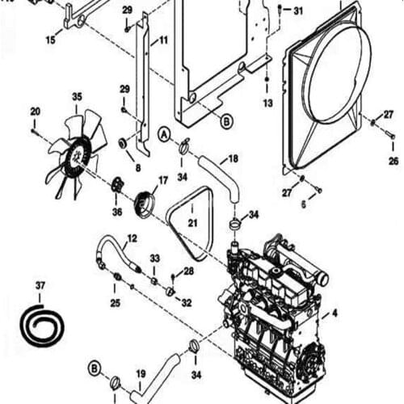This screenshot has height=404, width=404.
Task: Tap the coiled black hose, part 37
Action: [x=40, y=323]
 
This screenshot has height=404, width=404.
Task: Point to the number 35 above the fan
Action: [x=77, y=97]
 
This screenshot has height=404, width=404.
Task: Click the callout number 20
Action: [x=35, y=111]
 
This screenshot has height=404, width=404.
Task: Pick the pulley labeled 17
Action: [x=146, y=202]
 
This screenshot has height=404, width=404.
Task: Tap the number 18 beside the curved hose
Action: [x=233, y=159]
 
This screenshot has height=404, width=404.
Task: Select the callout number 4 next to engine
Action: [x=335, y=312]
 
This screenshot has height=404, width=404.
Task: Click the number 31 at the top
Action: [x=298, y=11]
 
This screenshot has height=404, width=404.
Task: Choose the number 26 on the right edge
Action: [x=393, y=161]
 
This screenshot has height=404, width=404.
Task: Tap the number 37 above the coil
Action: [x=40, y=285]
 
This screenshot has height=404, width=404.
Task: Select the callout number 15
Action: [x=50, y=40]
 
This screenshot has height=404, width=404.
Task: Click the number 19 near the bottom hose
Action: [x=140, y=373]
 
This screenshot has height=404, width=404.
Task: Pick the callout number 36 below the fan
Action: [x=116, y=213]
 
